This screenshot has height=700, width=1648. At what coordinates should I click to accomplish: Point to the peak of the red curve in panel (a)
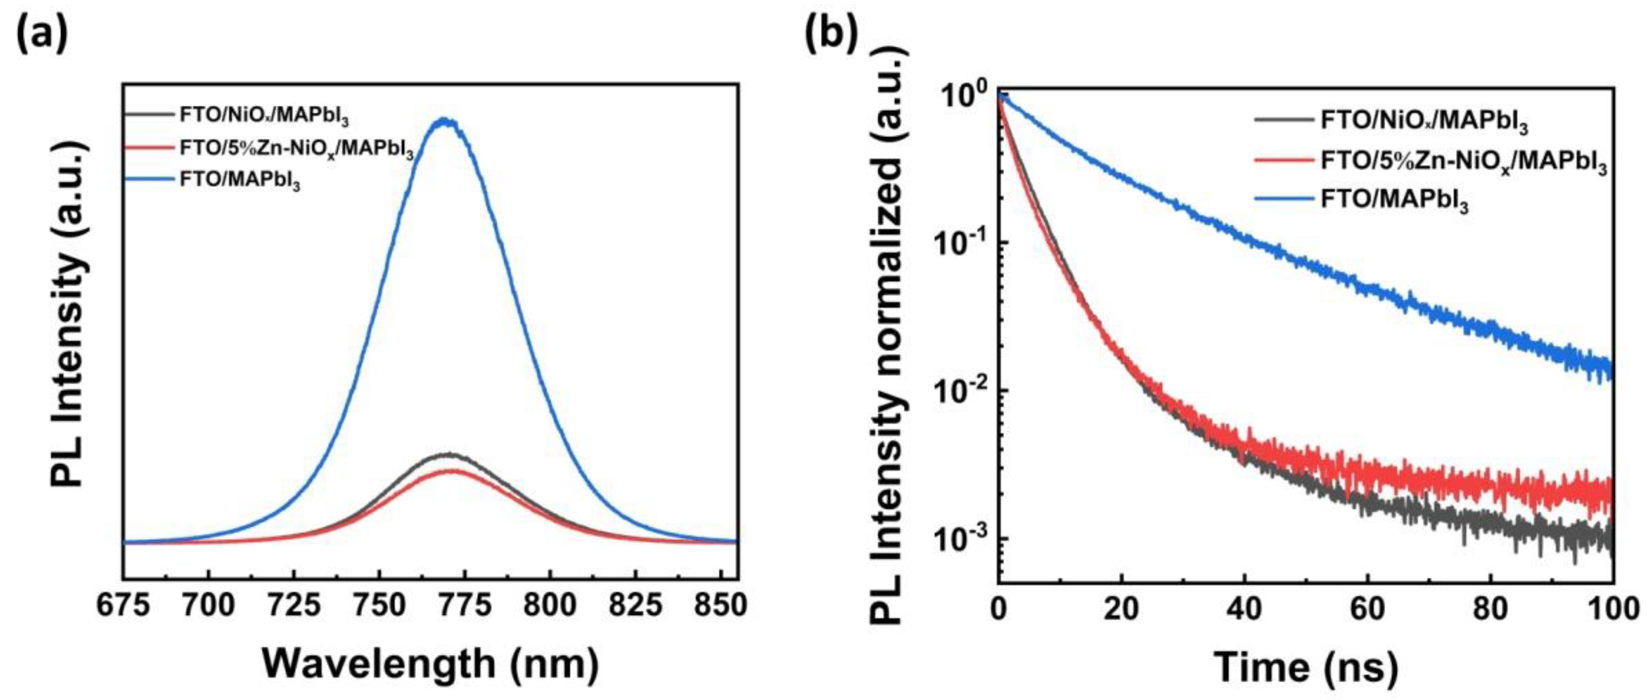coord(453,470)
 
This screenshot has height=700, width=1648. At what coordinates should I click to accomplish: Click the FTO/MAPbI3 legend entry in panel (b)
coord(1395,201)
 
